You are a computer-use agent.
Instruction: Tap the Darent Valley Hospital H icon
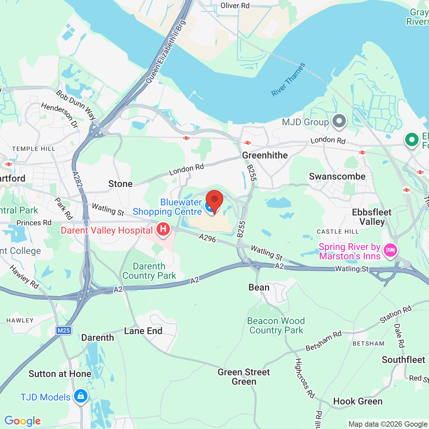tap(163, 229)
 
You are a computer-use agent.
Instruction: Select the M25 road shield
tap(64, 331)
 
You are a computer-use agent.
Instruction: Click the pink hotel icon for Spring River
tap(390, 250)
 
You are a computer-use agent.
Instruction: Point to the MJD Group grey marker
tap(339, 121)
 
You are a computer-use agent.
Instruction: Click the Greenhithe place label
tap(265, 156)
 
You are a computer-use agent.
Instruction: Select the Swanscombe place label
tap(337, 177)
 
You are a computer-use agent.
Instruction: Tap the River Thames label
tap(288, 80)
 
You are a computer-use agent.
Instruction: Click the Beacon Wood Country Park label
tap(276, 326)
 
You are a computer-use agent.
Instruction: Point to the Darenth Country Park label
tap(149, 271)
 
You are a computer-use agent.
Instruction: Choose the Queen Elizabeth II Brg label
tap(166, 52)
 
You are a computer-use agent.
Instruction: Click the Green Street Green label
tap(244, 377)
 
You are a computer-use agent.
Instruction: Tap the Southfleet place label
tap(403, 360)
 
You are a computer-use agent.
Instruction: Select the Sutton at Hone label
tap(60, 374)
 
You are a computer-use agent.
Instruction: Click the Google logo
tap(23, 421)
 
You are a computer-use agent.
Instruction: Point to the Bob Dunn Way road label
tap(76, 105)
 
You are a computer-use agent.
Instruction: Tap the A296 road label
tap(207, 238)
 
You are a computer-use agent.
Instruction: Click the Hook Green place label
tap(358, 402)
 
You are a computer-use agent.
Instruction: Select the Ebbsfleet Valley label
tap(372, 217)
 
